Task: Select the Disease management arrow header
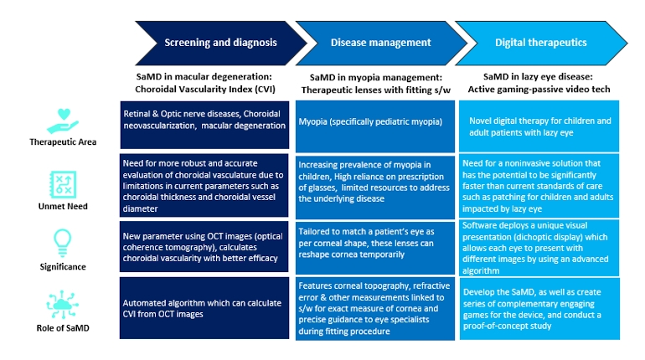pos(380,42)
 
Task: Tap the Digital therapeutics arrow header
pos(541,42)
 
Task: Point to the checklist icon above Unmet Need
pos(63,179)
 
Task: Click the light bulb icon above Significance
pos(63,240)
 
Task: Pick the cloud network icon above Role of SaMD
pos(63,302)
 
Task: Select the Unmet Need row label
pos(63,203)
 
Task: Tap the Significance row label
pos(63,266)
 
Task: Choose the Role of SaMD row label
pos(63,328)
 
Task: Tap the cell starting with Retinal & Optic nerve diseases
pos(205,120)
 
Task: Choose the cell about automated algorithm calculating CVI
pos(205,309)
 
